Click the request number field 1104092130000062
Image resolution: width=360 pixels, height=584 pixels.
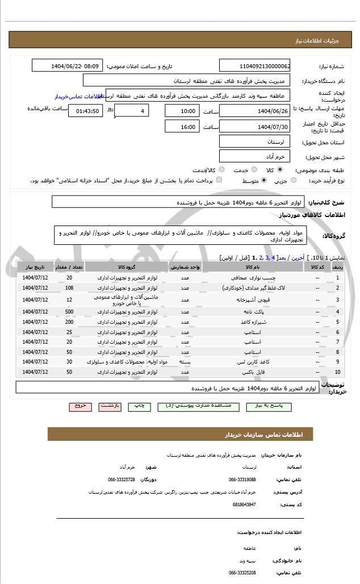pos(254,66)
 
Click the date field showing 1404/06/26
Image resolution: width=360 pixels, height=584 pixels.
pos(254,110)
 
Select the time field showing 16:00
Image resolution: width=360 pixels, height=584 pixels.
pos(182,127)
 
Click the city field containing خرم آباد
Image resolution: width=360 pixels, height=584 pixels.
pos(254,156)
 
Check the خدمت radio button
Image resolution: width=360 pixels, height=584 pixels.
pos(254,170)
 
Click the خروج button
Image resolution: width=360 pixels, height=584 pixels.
pos(80,407)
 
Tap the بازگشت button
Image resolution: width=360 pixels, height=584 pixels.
pos(110,407)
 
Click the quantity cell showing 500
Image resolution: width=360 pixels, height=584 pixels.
pos(69,311)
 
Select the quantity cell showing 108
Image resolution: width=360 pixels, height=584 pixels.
pos(69,288)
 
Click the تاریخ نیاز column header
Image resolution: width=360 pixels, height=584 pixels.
pos(35,266)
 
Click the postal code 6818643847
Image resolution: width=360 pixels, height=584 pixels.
pos(244,504)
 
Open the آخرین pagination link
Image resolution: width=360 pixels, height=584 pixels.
pos(298,258)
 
